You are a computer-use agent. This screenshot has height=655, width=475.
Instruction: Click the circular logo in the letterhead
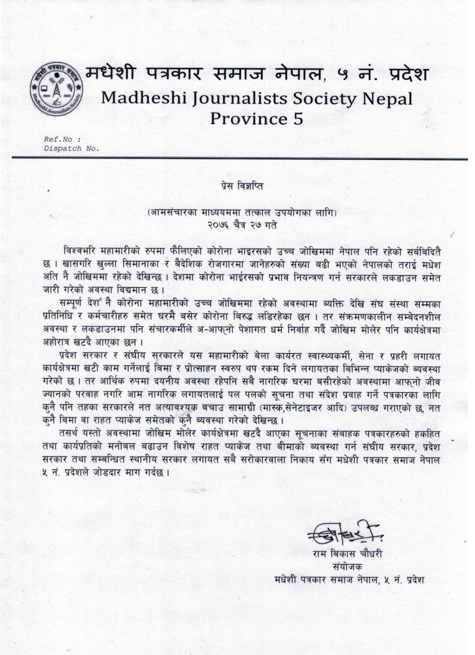[x=54, y=91]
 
